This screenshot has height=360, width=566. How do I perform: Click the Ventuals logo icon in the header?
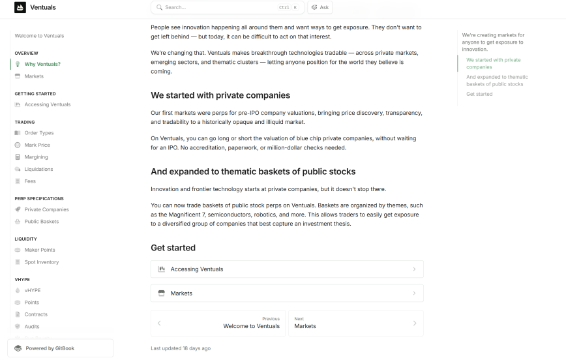coord(20,8)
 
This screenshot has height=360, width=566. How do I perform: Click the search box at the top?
coord(222,8)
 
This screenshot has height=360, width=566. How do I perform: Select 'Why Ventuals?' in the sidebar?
coord(42,65)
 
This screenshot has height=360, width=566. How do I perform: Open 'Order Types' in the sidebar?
coord(39,133)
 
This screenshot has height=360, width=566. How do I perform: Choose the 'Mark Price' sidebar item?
coord(37,145)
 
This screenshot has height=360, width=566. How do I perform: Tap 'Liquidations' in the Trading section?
coord(38,169)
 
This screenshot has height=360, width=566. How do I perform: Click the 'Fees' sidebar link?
coord(30,181)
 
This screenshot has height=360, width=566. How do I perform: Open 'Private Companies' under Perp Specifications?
coord(46,209)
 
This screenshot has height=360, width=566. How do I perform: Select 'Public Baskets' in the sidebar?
coord(42,222)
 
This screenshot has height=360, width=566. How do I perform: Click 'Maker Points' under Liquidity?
coord(40,250)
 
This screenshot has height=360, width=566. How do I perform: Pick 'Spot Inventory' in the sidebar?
coord(42,262)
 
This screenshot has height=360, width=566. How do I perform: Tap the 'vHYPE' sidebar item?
coord(33,290)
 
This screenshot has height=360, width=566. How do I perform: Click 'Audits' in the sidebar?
coord(32,327)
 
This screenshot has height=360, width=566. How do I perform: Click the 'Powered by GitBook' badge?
coord(60,348)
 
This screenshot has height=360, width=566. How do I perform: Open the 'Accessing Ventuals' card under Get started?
coord(287,269)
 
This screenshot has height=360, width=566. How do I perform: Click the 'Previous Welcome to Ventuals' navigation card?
coord(218,323)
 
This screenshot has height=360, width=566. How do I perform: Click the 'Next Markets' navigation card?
coord(355,323)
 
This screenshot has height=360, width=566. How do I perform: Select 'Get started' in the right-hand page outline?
coord(479,95)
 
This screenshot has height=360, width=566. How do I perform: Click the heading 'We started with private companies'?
coord(220,95)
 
